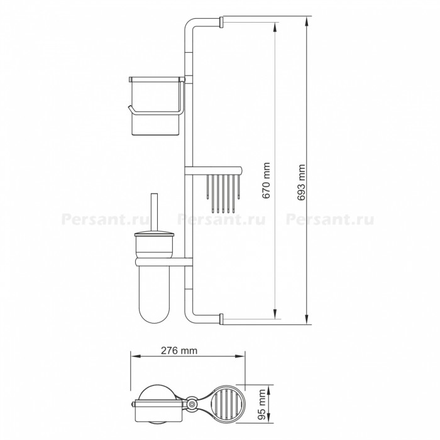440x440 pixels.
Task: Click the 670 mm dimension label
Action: click(x=267, y=180)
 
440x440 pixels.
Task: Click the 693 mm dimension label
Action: click(x=301, y=183)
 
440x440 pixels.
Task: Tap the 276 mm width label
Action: click(x=179, y=351)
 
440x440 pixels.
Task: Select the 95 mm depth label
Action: click(x=262, y=404)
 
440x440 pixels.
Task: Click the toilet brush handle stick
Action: click(x=155, y=212)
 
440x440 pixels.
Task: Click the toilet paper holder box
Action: click(x=156, y=106)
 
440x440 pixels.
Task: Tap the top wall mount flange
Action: click(x=221, y=22)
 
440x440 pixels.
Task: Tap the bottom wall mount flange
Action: click(x=221, y=319)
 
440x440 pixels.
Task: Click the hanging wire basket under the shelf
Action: click(x=223, y=194)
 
